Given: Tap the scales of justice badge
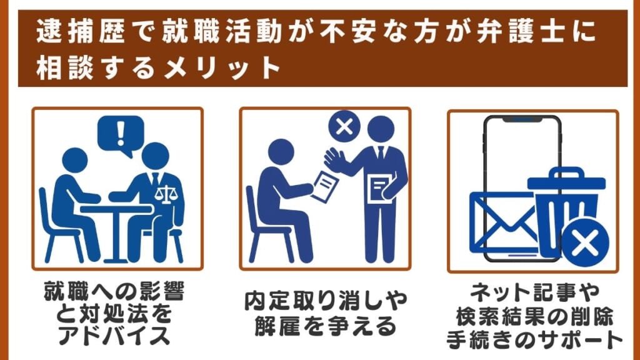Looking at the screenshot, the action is pyautogui.click(x=165, y=195).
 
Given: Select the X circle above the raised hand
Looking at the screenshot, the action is pyautogui.click(x=344, y=126).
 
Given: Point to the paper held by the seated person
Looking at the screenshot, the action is pyautogui.click(x=325, y=186).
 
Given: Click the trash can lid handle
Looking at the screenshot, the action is pyautogui.click(x=566, y=172).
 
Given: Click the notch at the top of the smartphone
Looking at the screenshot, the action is pyautogui.click(x=522, y=119).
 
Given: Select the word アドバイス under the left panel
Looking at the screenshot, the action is pyautogui.click(x=114, y=336).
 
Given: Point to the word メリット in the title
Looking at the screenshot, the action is pyautogui.click(x=222, y=67).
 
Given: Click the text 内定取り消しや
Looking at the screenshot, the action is pyautogui.click(x=326, y=301).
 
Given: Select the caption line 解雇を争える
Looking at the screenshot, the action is pyautogui.click(x=326, y=326).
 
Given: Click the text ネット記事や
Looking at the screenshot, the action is pyautogui.click(x=535, y=292).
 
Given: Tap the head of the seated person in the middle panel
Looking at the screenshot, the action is pyautogui.click(x=281, y=152).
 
